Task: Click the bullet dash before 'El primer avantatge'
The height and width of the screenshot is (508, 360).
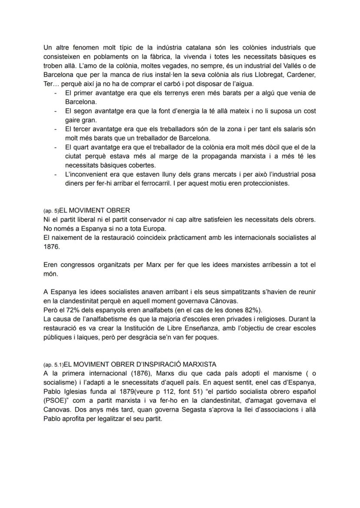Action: pyautogui.click(x=55, y=93)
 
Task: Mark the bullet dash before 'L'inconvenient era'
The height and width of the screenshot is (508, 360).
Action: pyautogui.click(x=55, y=174)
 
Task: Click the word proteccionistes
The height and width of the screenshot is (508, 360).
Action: pyautogui.click(x=265, y=183)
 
